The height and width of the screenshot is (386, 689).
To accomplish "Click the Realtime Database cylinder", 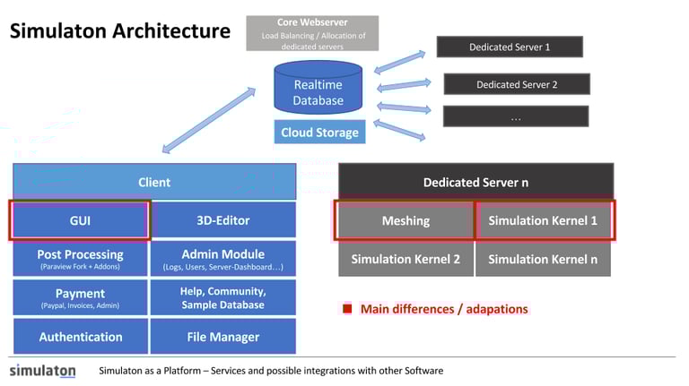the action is click(x=318, y=88).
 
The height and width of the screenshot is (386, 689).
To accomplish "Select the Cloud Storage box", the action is click(x=320, y=132).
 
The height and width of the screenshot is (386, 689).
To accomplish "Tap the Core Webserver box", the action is click(x=312, y=33).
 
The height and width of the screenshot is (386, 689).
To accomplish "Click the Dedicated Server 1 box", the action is click(x=510, y=47).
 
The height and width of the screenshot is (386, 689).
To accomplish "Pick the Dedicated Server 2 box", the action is click(x=517, y=84).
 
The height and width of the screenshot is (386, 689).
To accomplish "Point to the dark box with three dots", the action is click(x=516, y=116).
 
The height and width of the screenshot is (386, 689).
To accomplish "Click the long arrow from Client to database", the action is click(x=209, y=120).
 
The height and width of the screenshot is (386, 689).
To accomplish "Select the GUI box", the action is click(x=80, y=220).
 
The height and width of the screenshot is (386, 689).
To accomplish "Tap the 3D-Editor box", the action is click(x=223, y=220).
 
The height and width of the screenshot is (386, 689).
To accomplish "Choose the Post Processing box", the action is click(x=81, y=259).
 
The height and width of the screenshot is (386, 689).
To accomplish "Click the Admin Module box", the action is click(x=223, y=259).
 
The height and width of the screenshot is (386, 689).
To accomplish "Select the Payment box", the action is click(x=81, y=298).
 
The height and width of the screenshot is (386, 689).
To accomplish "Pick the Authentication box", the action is click(x=81, y=337).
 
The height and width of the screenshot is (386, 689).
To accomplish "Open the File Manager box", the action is click(x=223, y=337).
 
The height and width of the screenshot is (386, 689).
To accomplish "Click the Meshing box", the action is click(x=406, y=220).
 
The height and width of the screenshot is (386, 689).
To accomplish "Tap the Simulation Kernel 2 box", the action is click(x=406, y=259).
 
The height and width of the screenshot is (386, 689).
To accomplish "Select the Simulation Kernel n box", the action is click(x=543, y=259).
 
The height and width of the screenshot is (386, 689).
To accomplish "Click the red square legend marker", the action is click(x=347, y=308).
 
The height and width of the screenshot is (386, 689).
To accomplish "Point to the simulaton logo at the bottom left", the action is click(x=43, y=371).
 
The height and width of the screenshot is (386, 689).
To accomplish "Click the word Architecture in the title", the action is click(x=171, y=30).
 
